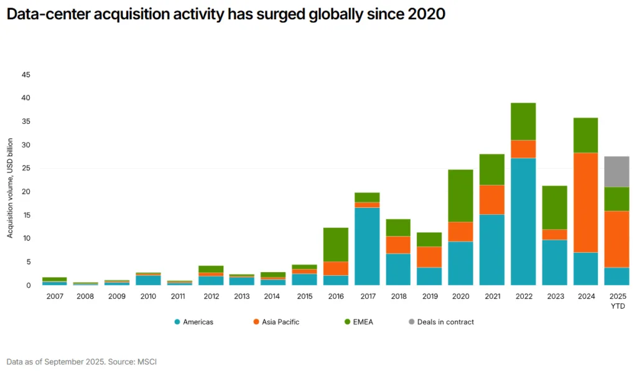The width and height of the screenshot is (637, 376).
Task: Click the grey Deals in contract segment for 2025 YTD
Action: point(616,171)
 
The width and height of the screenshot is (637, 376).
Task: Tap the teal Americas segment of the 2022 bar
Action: point(523,222)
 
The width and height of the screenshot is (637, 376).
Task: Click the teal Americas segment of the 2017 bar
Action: point(366,247)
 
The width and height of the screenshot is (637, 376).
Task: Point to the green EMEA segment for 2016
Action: point(335,244)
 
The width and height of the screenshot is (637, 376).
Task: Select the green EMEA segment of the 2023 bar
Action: point(554,207)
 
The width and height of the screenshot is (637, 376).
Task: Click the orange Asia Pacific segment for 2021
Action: point(491,199)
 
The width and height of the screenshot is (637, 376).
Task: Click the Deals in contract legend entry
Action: point(444,322)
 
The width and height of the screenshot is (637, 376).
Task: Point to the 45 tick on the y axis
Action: point(26,75)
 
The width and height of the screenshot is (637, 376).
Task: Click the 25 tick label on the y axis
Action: point(26,169)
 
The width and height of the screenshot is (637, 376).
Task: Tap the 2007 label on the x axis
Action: point(54,298)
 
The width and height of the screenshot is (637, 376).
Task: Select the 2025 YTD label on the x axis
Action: point(616,301)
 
